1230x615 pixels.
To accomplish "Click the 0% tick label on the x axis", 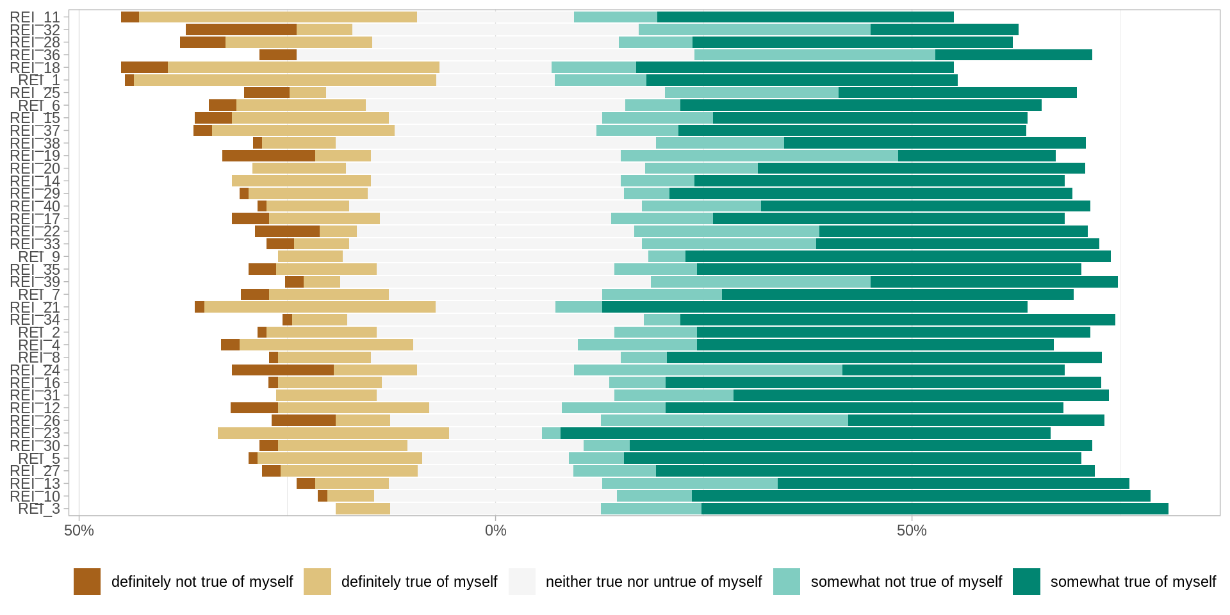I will pyautogui.click(x=495, y=530).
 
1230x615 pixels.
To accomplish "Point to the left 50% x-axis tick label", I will pyautogui.click(x=79, y=530).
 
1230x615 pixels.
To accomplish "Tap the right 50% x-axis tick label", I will pyautogui.click(x=912, y=530).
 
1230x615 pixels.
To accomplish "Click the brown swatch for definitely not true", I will pyautogui.click(x=87, y=582).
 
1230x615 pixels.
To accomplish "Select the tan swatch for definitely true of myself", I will pyautogui.click(x=317, y=582).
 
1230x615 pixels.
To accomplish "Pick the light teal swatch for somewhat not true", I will pyautogui.click(x=787, y=582).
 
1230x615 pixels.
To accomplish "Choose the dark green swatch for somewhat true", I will pyautogui.click(x=1026, y=582).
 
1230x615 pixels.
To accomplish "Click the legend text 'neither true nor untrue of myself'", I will pyautogui.click(x=653, y=582).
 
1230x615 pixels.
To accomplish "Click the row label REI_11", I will pyautogui.click(x=35, y=17).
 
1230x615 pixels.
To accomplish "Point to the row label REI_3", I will pyautogui.click(x=39, y=509).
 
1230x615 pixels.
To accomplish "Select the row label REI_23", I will pyautogui.click(x=35, y=433).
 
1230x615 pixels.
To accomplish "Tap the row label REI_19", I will pyautogui.click(x=35, y=156).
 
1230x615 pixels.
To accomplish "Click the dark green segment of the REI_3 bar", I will pyautogui.click(x=935, y=509).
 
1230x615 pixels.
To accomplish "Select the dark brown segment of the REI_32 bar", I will pyautogui.click(x=241, y=29).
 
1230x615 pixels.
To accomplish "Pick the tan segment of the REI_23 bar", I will pyautogui.click(x=333, y=433).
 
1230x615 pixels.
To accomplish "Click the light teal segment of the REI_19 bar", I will pyautogui.click(x=759, y=156).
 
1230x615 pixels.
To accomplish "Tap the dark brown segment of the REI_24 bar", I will pyautogui.click(x=283, y=370).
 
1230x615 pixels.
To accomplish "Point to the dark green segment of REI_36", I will pyautogui.click(x=1013, y=55).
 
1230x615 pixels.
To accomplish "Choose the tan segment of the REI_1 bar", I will pyautogui.click(x=285, y=80).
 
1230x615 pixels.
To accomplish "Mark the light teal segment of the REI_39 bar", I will pyautogui.click(x=760, y=282).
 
